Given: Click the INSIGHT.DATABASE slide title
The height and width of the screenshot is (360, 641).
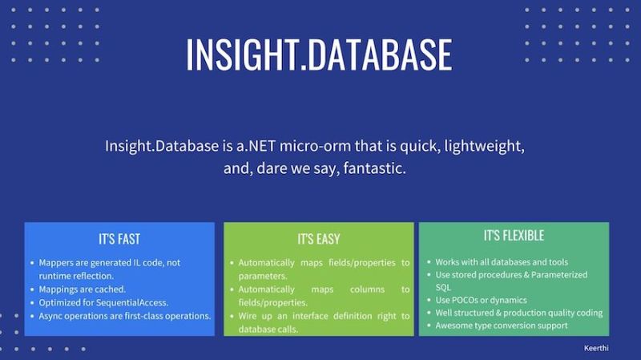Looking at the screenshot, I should (319, 55).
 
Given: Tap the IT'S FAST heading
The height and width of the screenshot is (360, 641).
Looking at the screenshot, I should (119, 239).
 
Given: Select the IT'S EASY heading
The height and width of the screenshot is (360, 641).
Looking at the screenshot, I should (318, 239).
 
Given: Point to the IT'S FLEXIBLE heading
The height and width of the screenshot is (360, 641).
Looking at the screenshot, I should (514, 236).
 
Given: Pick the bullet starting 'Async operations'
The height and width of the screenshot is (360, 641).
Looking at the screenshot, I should (124, 316).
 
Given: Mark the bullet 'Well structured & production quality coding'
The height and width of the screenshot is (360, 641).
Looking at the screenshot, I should (518, 313).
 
